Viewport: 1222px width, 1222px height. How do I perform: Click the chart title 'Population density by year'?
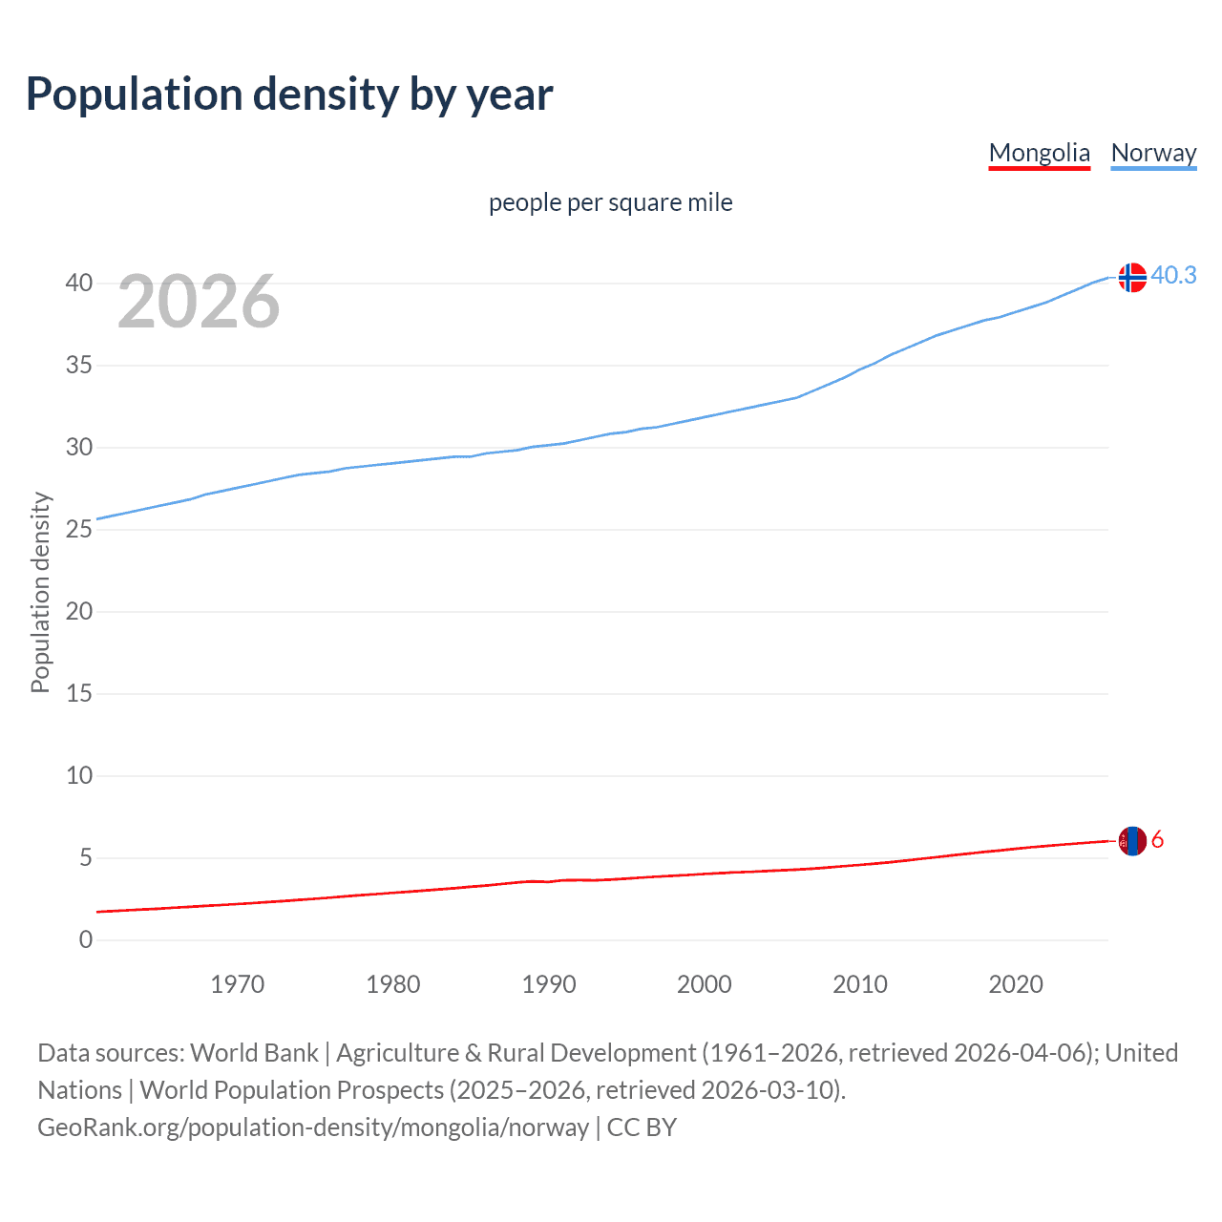[289, 95]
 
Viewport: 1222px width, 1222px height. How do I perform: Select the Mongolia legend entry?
[1039, 153]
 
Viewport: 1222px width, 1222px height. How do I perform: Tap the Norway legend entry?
[1153, 153]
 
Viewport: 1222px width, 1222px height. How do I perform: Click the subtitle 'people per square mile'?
[610, 202]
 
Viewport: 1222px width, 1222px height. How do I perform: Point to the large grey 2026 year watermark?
[199, 302]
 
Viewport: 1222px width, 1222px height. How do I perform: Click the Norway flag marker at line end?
[1132, 277]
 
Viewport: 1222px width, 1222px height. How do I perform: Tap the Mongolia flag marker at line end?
[1132, 841]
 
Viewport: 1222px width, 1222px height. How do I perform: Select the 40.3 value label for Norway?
[1173, 275]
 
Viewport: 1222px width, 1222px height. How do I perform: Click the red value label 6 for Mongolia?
[1157, 840]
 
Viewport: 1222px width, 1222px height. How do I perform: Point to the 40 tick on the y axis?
[79, 284]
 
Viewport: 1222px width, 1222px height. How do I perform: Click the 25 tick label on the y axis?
[79, 530]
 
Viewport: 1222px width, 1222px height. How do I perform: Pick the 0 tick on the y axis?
[86, 940]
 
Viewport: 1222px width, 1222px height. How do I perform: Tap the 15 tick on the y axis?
[79, 694]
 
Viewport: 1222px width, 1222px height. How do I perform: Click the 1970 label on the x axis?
[238, 984]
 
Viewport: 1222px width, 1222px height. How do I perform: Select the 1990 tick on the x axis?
[549, 984]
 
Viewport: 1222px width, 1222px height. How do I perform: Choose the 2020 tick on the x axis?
[1016, 984]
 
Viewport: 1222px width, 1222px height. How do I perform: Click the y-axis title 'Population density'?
[40, 592]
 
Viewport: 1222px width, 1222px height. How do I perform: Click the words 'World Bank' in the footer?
[254, 1053]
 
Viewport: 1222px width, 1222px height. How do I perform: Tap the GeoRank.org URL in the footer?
[313, 1127]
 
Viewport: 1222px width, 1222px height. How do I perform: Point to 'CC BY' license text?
[642, 1127]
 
